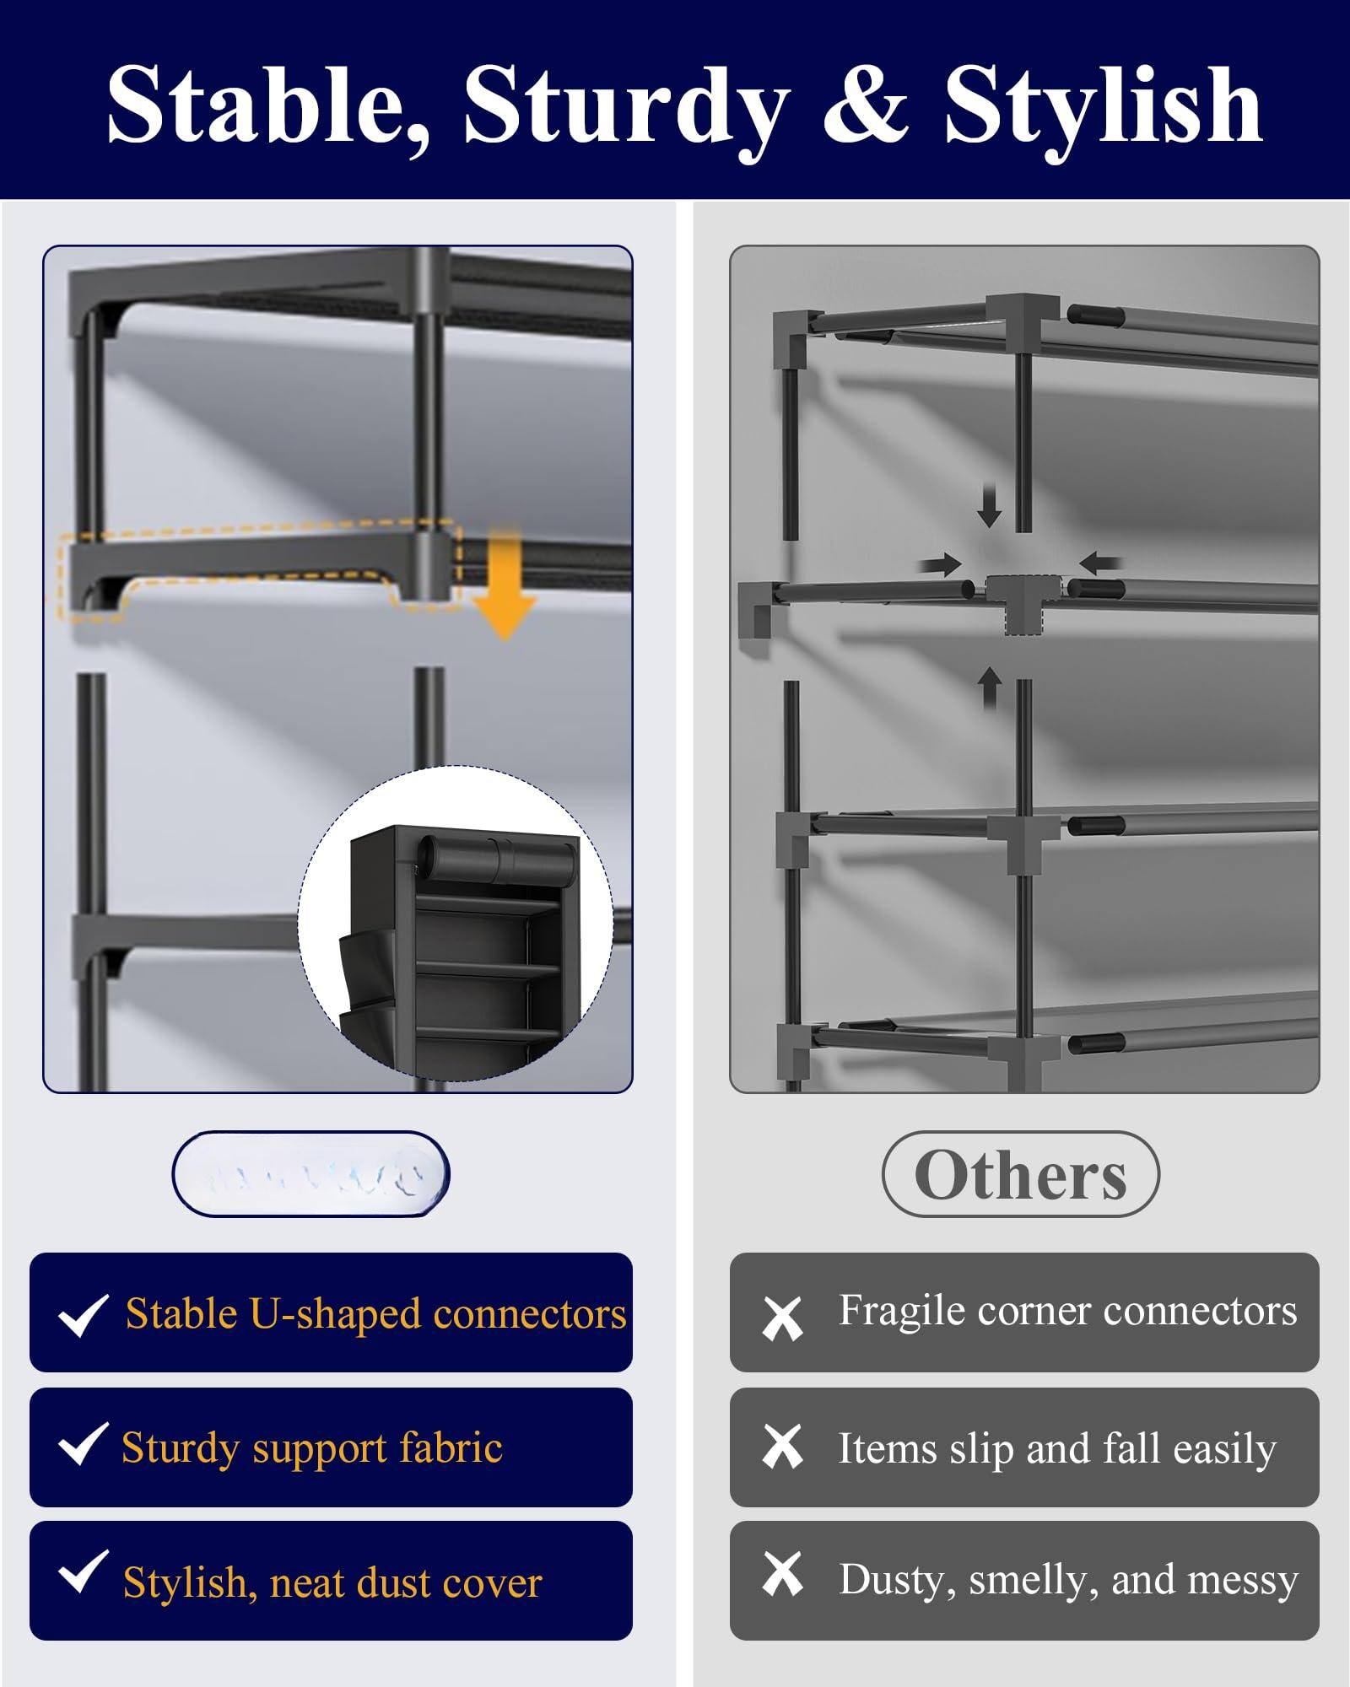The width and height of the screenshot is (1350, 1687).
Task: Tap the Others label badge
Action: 1020,1175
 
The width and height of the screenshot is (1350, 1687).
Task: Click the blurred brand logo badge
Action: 310,1175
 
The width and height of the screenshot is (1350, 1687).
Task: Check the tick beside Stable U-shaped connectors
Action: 83,1315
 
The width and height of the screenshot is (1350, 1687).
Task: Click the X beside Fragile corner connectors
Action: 782,1318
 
